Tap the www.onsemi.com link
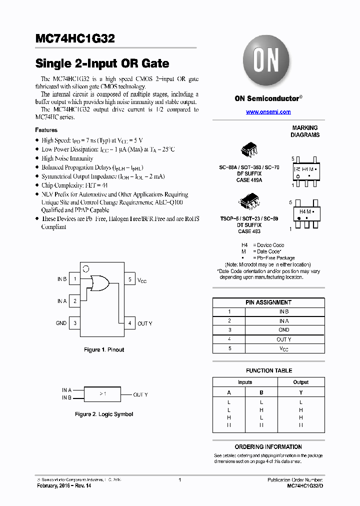click(268, 112)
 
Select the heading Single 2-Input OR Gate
click(102, 64)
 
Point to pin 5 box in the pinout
click(129, 279)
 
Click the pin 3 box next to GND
click(74, 323)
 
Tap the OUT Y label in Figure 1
click(145, 323)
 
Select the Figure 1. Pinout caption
click(104, 349)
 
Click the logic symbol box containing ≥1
click(103, 394)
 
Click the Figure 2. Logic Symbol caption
click(104, 414)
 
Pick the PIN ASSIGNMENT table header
click(268, 302)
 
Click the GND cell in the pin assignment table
click(284, 330)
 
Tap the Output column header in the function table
click(300, 382)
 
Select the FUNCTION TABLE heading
click(269, 370)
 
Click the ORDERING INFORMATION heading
click(268, 446)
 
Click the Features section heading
click(46, 130)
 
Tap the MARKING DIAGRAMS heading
click(305, 131)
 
